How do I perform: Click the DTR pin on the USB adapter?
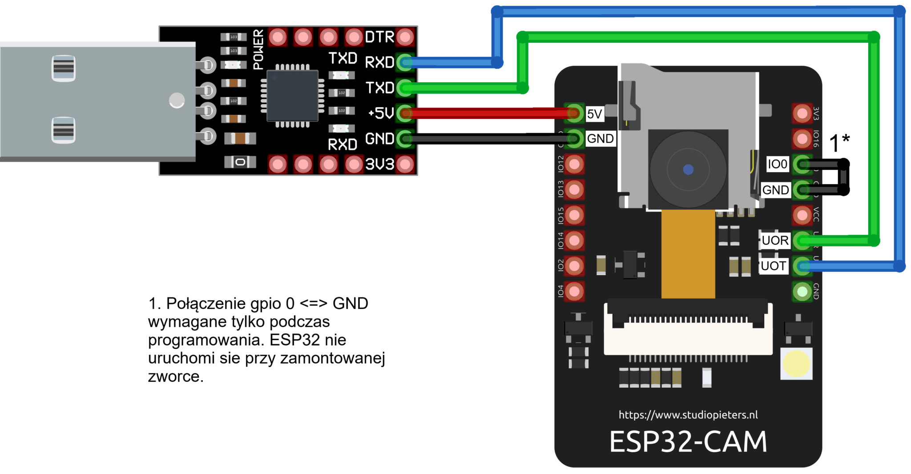point(405,37)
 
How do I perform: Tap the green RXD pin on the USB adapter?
point(405,62)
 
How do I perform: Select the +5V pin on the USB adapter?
point(405,113)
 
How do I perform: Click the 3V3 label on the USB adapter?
point(379,165)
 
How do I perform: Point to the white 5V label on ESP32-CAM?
point(594,114)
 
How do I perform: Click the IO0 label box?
point(778,164)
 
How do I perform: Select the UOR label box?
point(774,241)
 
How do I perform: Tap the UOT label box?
point(773,266)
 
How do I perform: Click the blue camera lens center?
point(688,169)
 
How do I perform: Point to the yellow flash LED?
point(796,364)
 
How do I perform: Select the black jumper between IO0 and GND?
point(844,177)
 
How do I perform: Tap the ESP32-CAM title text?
point(688,442)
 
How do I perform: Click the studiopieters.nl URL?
point(688,415)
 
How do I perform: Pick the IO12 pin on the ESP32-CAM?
point(574,164)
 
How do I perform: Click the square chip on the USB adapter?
point(292,95)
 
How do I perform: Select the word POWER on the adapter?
point(258,49)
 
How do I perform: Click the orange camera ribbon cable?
point(688,253)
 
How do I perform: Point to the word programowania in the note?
point(202,340)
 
